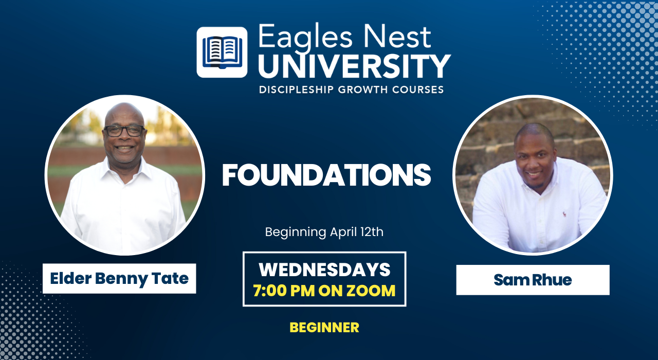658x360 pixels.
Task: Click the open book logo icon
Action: point(222,52)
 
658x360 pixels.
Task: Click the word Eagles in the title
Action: point(305,38)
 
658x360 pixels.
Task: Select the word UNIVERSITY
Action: point(355,66)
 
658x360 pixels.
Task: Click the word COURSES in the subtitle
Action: point(418,89)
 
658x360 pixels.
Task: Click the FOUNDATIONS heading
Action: point(326,175)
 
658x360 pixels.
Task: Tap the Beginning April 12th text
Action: point(324,232)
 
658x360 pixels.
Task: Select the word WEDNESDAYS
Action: point(324,269)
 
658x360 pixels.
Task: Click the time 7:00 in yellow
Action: point(270,291)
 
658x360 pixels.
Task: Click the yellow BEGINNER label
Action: point(324,328)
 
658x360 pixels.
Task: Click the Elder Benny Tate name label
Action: point(119,278)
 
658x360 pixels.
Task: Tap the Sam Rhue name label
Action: point(533,280)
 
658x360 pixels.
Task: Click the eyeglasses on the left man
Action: point(124,131)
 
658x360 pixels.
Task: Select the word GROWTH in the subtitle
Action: point(363,89)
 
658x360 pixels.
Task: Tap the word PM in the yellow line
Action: point(302,291)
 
